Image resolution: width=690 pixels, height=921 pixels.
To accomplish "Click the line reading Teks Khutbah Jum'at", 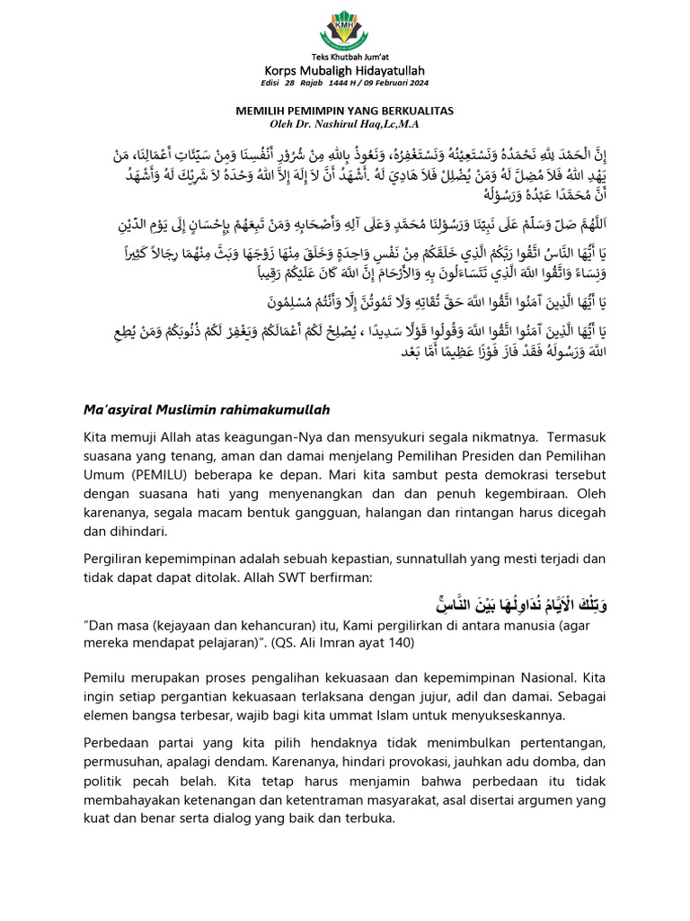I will (x=345, y=58).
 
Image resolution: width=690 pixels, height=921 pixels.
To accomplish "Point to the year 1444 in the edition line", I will (x=339, y=85).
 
